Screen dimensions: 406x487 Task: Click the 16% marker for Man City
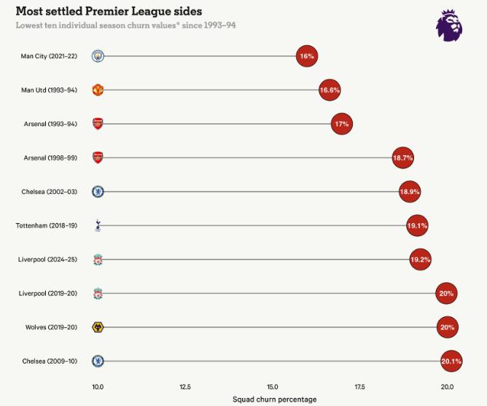tap(307, 56)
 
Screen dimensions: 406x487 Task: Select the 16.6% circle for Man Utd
tap(330, 90)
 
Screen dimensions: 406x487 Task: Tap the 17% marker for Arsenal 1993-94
tap(342, 124)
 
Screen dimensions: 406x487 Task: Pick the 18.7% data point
tap(403, 157)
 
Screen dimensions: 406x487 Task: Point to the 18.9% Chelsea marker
tap(410, 192)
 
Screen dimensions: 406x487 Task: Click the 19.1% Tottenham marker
tap(417, 226)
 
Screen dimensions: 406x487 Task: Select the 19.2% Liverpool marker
tap(420, 259)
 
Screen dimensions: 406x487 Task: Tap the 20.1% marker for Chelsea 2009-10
tap(451, 361)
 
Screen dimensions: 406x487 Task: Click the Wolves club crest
tap(98, 327)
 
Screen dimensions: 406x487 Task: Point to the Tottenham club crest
tap(98, 226)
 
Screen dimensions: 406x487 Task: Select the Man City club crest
tap(98, 56)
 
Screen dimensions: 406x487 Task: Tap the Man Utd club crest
tap(98, 90)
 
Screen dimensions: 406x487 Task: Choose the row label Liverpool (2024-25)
tap(52, 259)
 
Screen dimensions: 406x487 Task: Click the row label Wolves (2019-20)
tap(55, 327)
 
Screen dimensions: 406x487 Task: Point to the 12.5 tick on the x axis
tap(185, 386)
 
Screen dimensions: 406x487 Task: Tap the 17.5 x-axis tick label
tap(360, 386)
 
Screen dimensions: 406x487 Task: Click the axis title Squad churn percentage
tap(275, 399)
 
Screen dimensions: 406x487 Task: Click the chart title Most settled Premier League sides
tap(109, 12)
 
